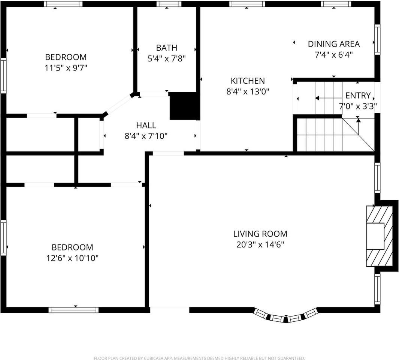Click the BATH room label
pos(167,48)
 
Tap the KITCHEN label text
pos(248,81)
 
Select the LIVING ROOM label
pos(260,234)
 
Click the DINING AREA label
pos(333,44)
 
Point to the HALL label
pos(146,126)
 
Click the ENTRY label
pos(358,95)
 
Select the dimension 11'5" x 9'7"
pos(66,68)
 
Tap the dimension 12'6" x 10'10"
pos(72,258)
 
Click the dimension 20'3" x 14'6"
pos(260,245)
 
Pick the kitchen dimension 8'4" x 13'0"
pos(248,91)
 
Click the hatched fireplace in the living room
pos(379,235)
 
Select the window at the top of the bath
pos(169,4)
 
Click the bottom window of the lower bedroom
pos(73,310)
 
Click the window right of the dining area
pos(377,39)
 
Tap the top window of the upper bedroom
pos(63,4)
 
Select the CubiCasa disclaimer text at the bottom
pos(199,358)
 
